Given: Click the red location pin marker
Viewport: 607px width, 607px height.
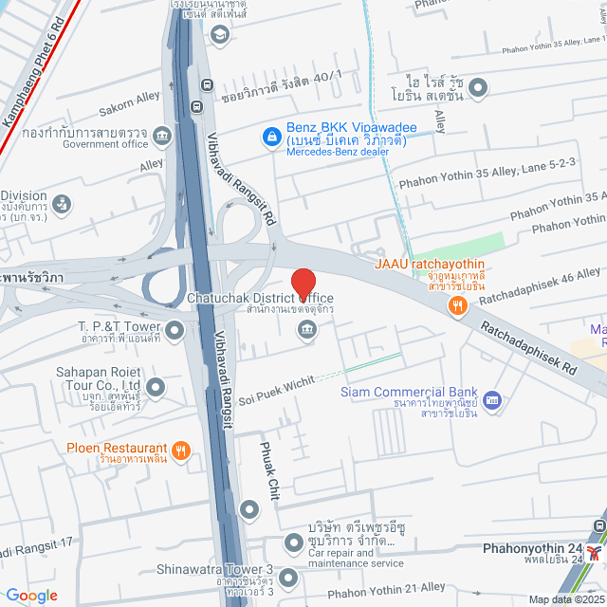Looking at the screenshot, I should [x=303, y=285].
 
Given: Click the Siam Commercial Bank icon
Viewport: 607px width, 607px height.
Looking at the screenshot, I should [x=491, y=400].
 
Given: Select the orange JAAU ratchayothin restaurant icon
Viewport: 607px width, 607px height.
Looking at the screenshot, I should [x=458, y=304].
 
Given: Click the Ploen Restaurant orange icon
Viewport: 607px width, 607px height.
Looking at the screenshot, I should [x=180, y=449].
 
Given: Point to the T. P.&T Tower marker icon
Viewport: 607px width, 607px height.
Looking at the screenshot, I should [x=175, y=330].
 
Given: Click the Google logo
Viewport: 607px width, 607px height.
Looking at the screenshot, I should [x=31, y=595].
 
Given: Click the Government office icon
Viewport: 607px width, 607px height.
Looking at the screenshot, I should [x=162, y=137].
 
